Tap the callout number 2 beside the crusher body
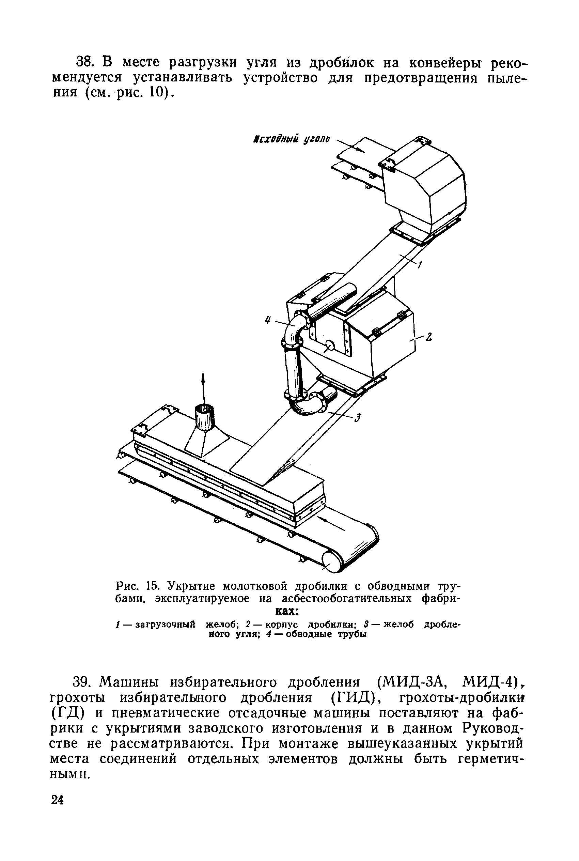pos(429,337)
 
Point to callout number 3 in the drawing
pos(357,418)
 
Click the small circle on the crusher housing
pos(329,345)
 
